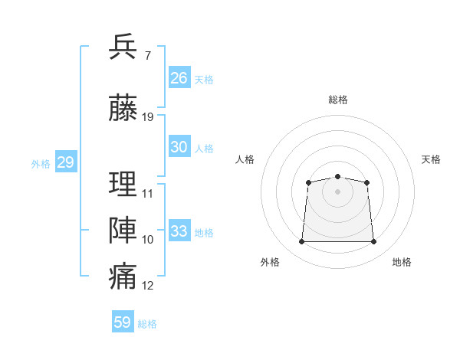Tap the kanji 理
coord(123,184)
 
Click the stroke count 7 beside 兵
coord(147,56)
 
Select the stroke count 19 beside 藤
coord(148,117)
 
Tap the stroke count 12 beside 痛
coord(148,286)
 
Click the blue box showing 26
coord(179,78)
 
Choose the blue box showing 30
coord(179,147)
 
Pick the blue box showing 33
coord(179,231)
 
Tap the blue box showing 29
coord(65,162)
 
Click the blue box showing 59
coord(122,322)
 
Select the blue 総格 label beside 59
coord(147,324)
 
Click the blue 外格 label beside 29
coord(40,164)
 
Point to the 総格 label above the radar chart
coord(337,100)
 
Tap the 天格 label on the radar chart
coord(431,159)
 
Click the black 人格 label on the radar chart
coord(245,159)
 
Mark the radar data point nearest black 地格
coord(374,242)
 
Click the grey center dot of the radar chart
coord(337,191)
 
